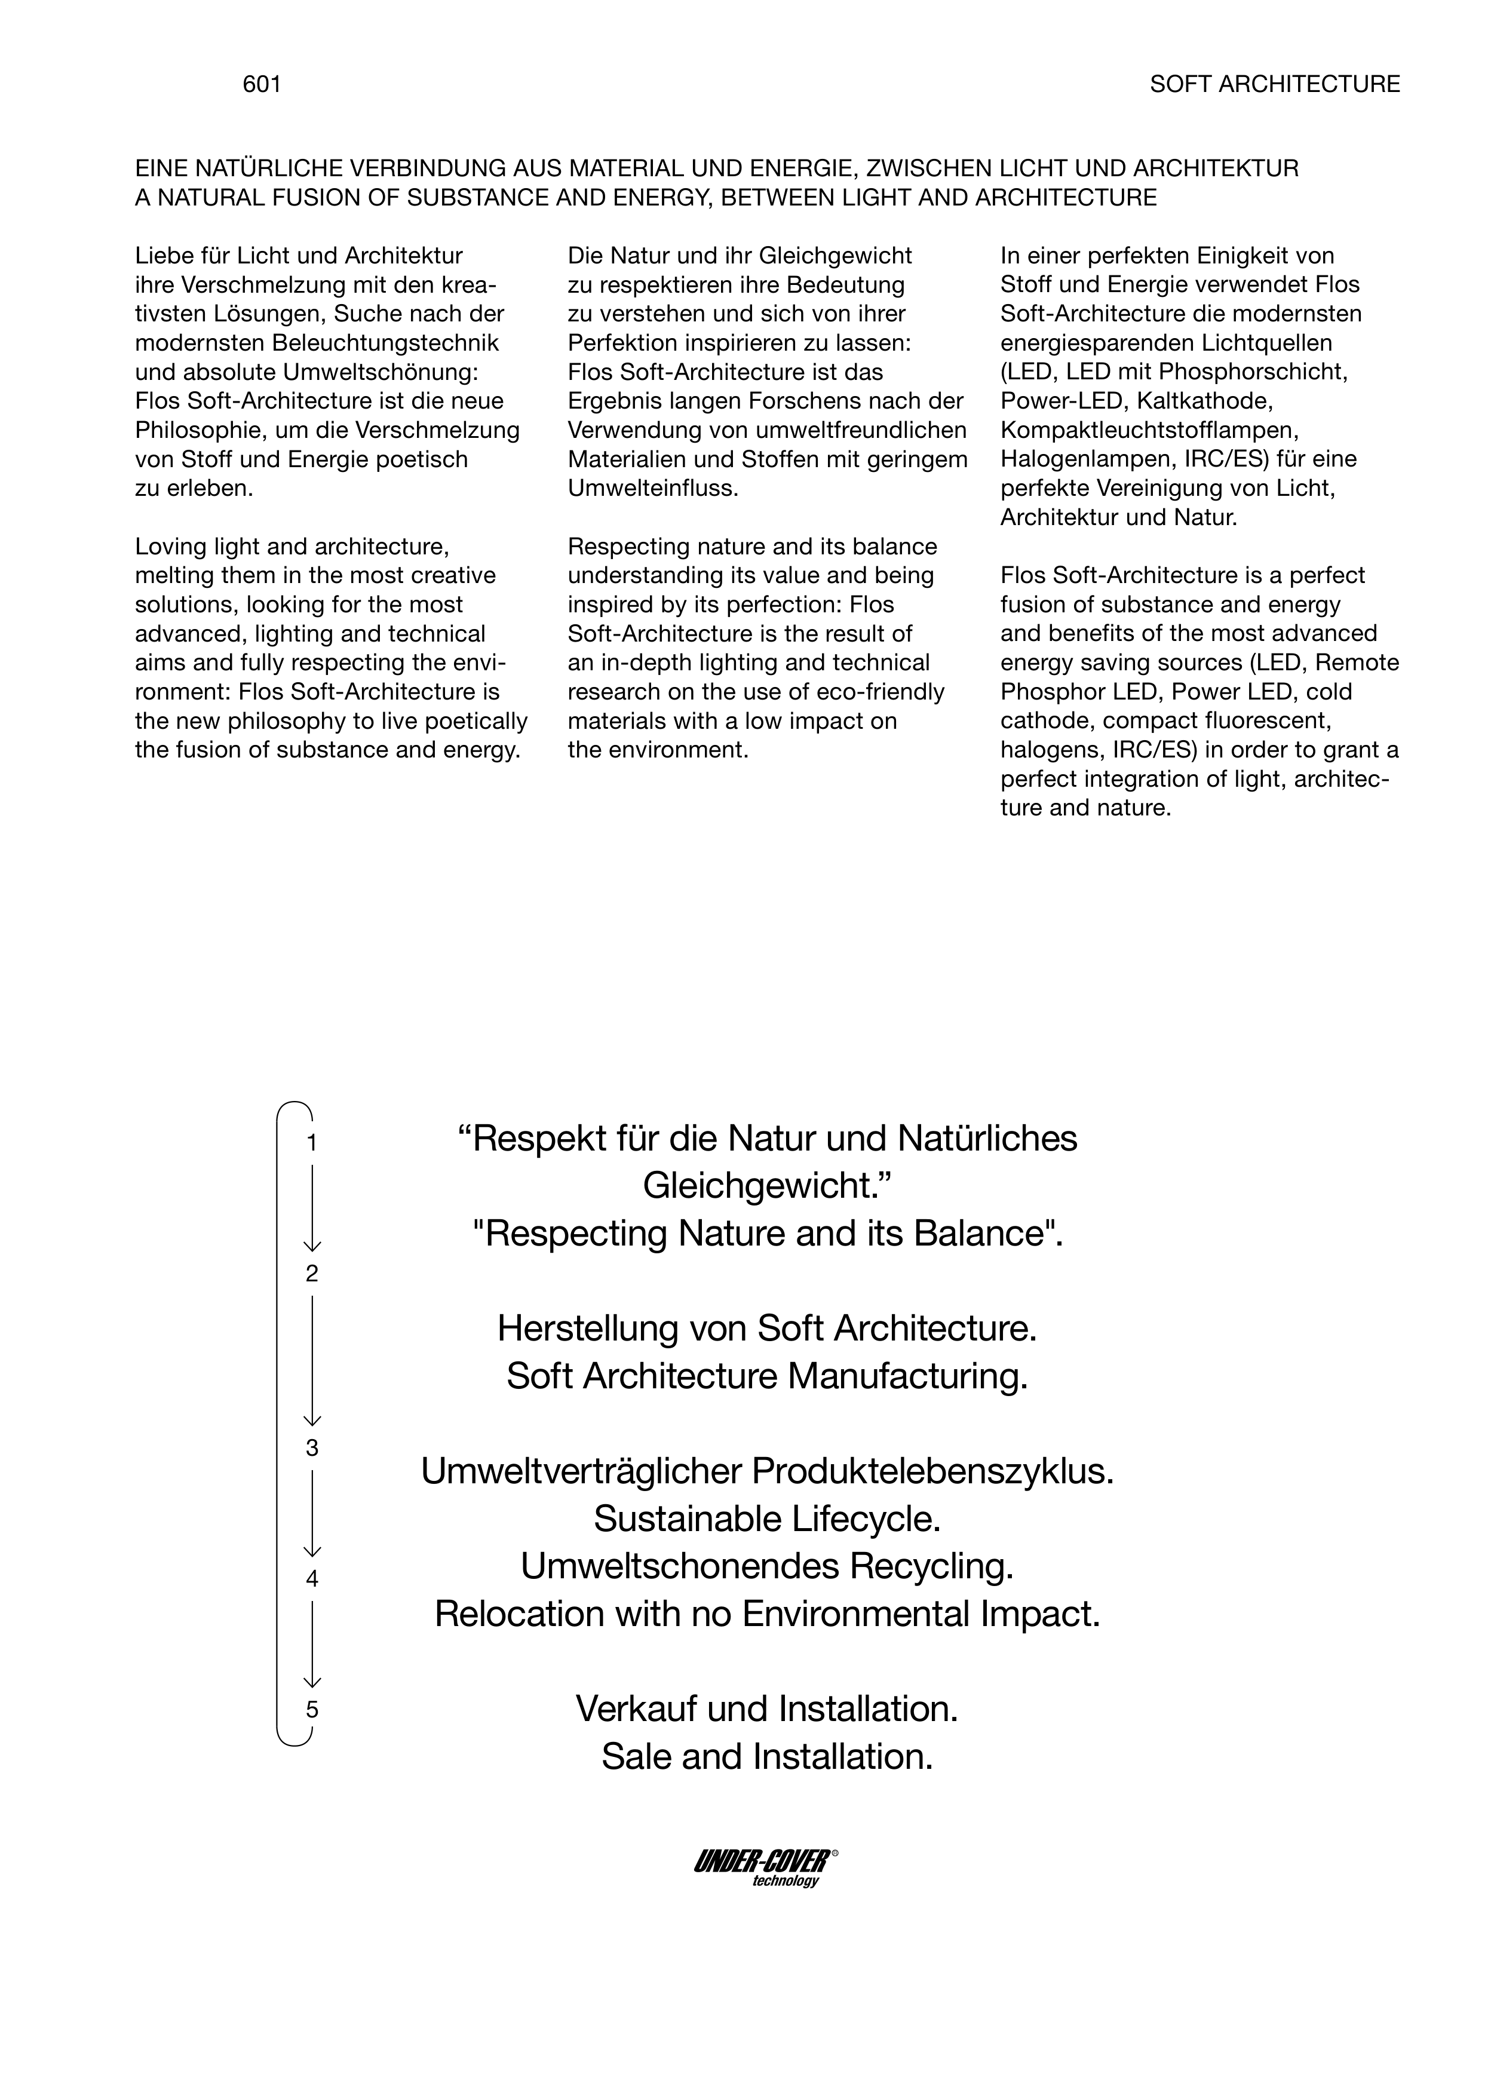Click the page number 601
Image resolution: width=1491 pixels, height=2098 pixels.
262,84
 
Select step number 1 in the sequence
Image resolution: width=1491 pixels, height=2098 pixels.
312,1143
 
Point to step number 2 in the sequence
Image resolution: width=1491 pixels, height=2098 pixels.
312,1274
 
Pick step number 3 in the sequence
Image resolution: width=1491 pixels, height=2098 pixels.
312,1448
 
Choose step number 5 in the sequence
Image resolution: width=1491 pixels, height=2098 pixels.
312,1710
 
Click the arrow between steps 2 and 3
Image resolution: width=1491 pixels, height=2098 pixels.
312,1360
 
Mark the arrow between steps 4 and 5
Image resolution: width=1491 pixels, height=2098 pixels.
312,1643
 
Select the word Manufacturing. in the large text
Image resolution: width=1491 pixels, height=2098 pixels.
908,1376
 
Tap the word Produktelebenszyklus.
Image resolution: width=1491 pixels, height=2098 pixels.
933,1472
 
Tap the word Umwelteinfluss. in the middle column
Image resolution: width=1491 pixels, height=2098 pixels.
653,489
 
